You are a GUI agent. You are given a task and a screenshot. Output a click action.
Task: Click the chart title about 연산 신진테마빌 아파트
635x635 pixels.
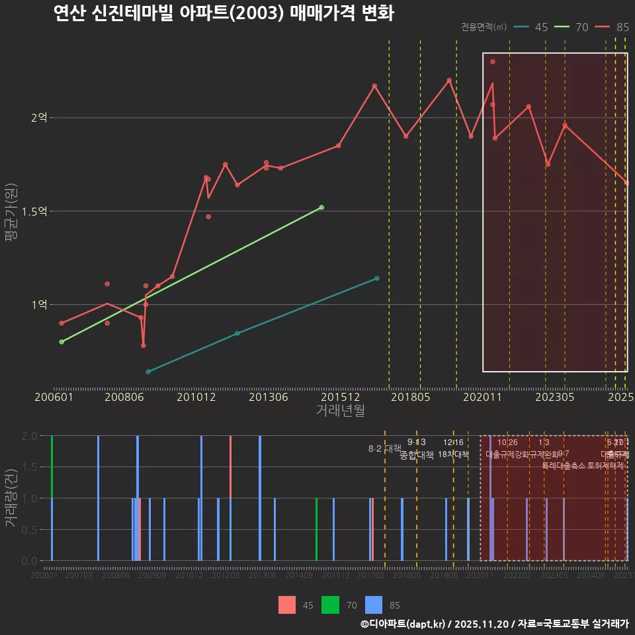(224, 13)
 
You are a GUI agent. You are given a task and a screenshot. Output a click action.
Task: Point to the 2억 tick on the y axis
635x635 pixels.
(39, 118)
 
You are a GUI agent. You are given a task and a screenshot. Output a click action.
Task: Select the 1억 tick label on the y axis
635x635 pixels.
(39, 305)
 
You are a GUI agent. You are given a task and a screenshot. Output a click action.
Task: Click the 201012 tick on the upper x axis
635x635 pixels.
(196, 398)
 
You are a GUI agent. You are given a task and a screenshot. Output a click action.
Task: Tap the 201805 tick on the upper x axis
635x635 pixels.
(411, 398)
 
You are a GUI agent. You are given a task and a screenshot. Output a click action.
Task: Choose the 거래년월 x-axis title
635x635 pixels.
(340, 411)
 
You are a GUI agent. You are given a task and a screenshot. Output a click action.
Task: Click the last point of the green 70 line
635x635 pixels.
(321, 208)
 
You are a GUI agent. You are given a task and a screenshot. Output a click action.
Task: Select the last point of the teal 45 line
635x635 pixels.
(377, 278)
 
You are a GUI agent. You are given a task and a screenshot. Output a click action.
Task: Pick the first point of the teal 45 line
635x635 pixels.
(148, 372)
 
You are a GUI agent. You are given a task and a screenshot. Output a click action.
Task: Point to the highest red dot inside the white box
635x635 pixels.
(493, 62)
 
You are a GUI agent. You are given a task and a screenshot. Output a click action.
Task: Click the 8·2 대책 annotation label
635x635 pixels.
(385, 448)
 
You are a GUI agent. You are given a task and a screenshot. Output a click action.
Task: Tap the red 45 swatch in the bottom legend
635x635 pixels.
(287, 605)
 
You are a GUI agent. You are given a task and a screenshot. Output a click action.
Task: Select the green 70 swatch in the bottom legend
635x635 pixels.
(330, 605)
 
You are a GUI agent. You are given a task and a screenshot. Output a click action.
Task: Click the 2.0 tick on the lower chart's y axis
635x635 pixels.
(30, 436)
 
